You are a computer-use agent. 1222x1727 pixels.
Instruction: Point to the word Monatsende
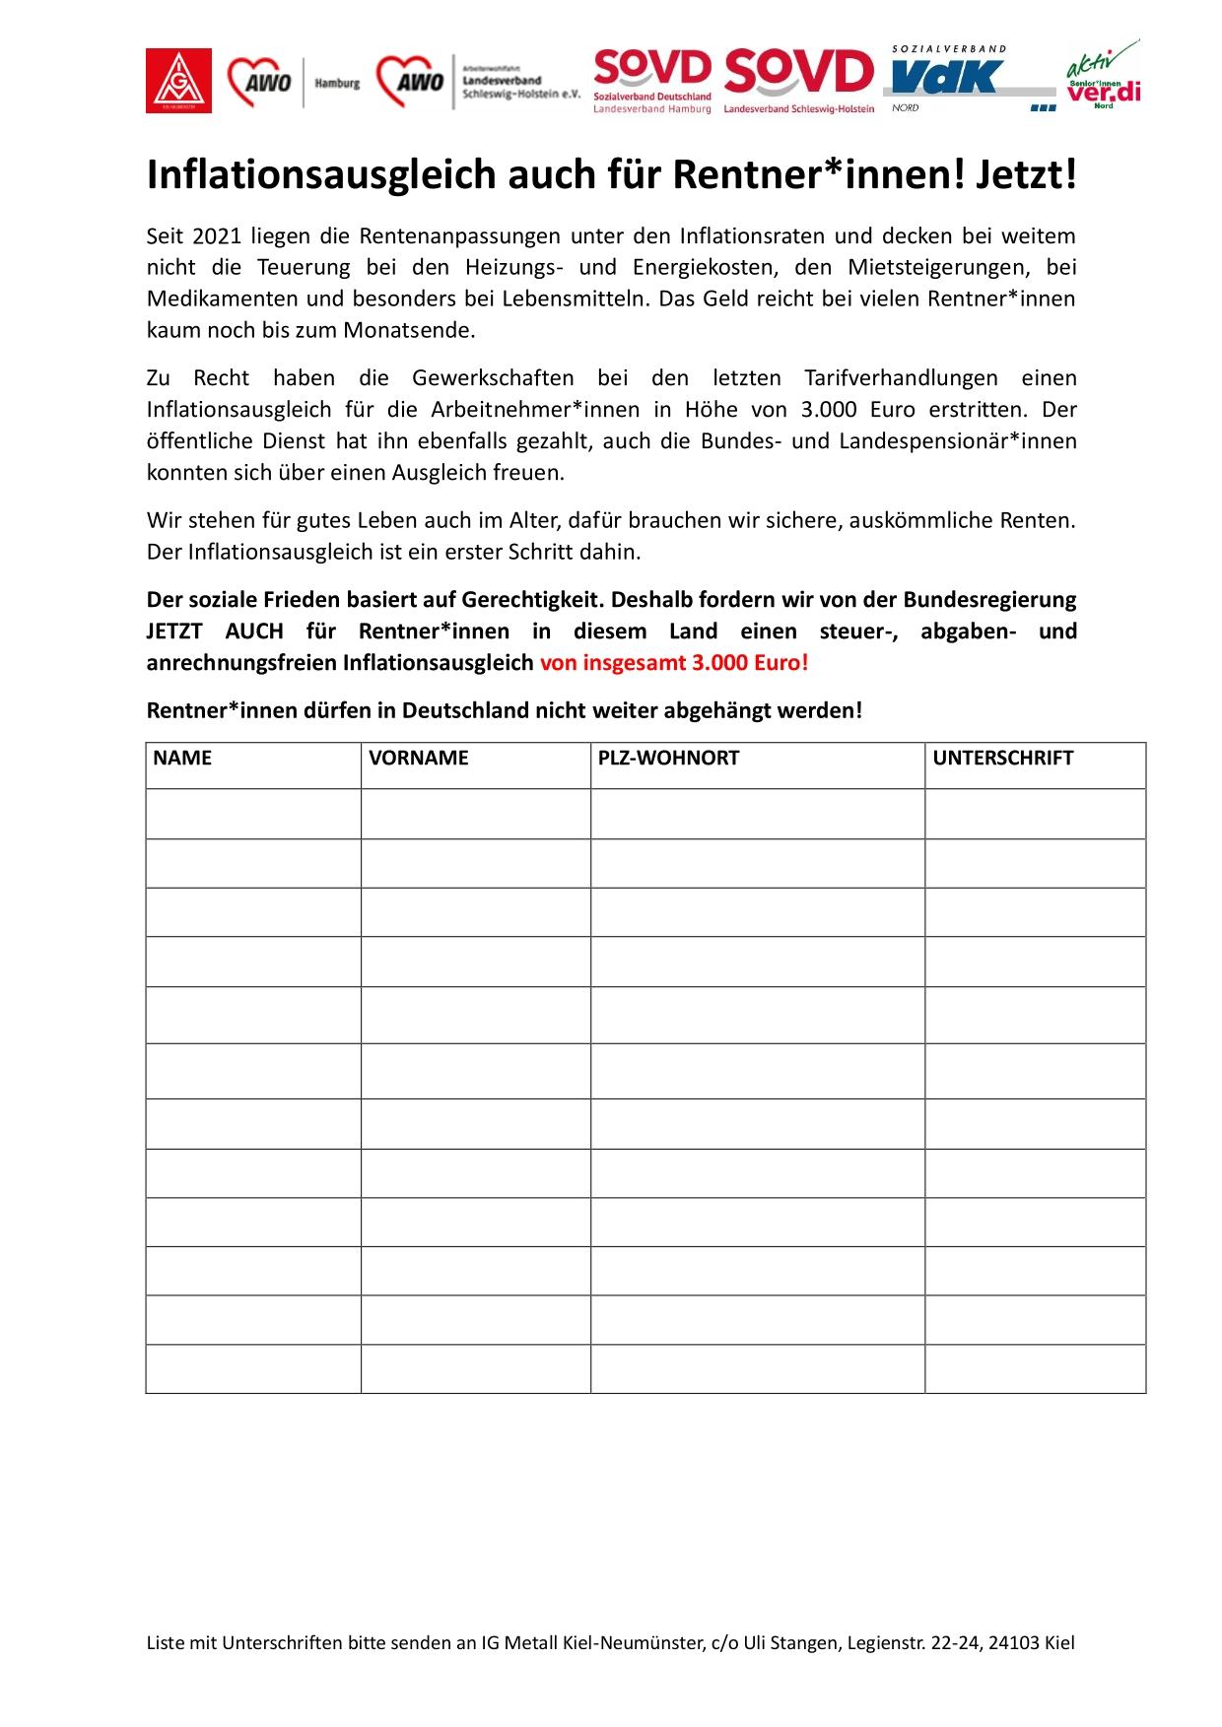pos(409,330)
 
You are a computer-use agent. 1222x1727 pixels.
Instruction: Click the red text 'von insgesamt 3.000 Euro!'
pos(674,662)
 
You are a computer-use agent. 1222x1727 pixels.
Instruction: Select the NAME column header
pos(183,759)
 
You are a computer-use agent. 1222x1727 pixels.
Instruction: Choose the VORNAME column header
pos(419,759)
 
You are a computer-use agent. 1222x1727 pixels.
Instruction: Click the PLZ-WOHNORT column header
pos(668,759)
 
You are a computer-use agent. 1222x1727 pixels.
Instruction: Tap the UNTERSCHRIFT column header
pos(1002,759)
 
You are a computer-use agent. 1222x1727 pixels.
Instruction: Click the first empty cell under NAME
pos(253,814)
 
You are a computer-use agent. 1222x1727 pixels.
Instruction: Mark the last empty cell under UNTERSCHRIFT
pos(1035,1368)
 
